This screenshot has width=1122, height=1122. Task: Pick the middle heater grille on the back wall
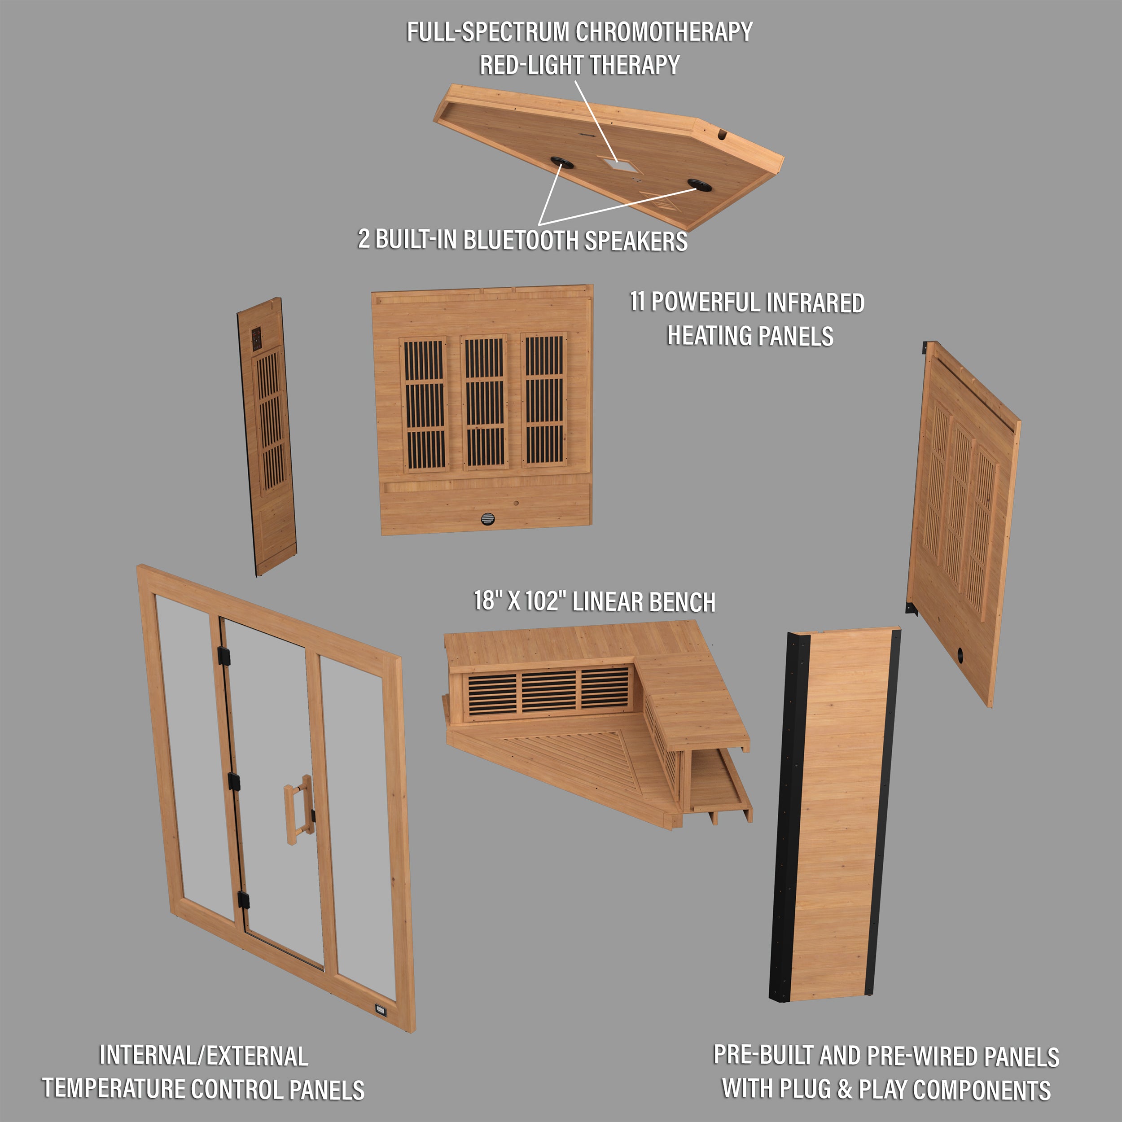click(484, 402)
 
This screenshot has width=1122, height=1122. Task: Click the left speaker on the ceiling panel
click(561, 162)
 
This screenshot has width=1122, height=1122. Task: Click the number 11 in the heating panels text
click(638, 302)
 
